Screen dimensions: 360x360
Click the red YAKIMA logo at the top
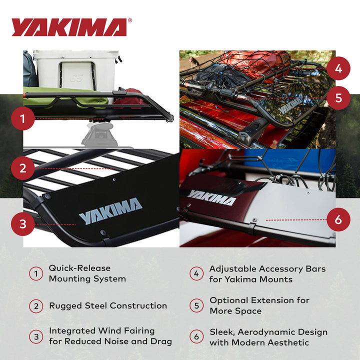[x=69, y=27]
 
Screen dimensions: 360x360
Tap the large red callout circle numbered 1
[x=22, y=119]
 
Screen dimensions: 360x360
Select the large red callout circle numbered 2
[x=22, y=168]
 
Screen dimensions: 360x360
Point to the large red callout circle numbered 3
[x=22, y=223]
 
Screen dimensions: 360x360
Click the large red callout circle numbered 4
[x=339, y=69]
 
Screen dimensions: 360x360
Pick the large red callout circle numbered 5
[x=339, y=97]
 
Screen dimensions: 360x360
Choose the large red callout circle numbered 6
[x=339, y=219]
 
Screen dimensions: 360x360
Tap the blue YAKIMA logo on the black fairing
[x=110, y=210]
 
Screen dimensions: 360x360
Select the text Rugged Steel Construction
[x=108, y=305]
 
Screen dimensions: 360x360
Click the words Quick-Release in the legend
[x=79, y=268]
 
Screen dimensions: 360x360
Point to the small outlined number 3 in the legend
[x=36, y=336]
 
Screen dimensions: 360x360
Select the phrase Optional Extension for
[x=259, y=300]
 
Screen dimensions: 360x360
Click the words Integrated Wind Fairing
[x=102, y=331]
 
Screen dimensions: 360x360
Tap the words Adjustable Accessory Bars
[x=267, y=268]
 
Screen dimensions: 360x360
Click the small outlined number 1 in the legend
[x=36, y=273]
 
